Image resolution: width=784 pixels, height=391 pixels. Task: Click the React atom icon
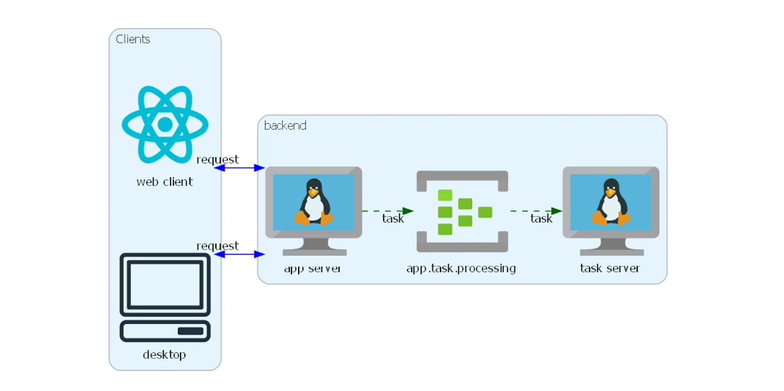click(165, 125)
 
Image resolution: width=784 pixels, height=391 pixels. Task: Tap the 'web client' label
click(165, 182)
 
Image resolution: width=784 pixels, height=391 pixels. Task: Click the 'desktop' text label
click(165, 355)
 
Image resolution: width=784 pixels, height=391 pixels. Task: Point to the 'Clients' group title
click(133, 39)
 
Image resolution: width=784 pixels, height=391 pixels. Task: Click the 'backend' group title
click(285, 125)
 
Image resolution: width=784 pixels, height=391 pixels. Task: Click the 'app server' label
click(312, 268)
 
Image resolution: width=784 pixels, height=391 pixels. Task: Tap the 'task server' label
click(610, 268)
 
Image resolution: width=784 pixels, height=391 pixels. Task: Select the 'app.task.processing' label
click(461, 268)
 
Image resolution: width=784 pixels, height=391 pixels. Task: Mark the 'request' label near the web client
click(218, 160)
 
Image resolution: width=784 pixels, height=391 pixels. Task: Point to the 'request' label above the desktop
click(218, 246)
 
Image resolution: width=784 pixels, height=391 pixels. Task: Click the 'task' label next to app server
click(393, 219)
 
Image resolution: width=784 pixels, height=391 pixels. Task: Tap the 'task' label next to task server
click(541, 219)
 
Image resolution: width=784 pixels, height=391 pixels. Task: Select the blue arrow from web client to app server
click(240, 168)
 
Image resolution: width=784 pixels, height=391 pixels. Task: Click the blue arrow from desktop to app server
click(240, 254)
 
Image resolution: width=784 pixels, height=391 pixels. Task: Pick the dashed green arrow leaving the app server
click(387, 211)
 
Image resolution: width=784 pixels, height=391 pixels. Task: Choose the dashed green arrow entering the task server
click(536, 211)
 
